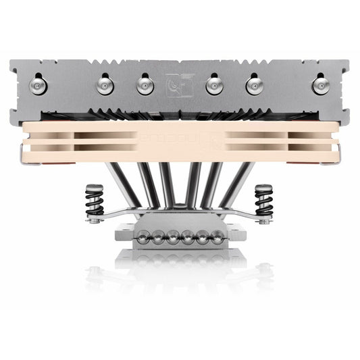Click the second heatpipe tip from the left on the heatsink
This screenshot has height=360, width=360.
pyautogui.click(x=105, y=84)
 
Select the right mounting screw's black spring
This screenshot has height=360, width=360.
pyautogui.click(x=263, y=201)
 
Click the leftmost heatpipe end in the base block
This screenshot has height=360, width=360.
pyautogui.click(x=144, y=236)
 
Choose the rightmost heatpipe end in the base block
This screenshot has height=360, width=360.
pyautogui.click(x=217, y=236)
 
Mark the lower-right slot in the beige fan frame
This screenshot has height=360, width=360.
pyautogui.click(x=260, y=145)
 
